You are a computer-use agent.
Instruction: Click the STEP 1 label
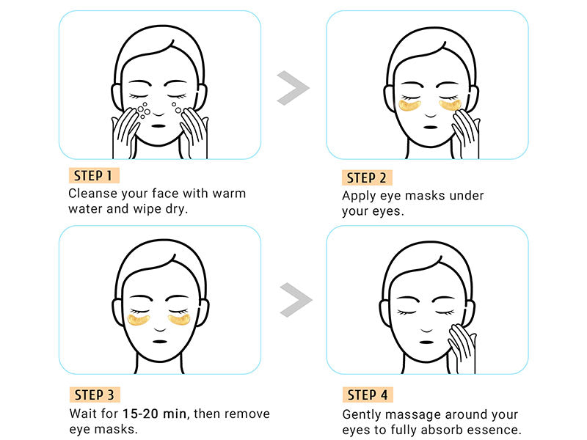tap(92, 175)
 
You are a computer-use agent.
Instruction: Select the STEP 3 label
tap(92, 395)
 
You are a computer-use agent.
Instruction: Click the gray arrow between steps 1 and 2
tap(293, 88)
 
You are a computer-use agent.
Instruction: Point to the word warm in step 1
tap(228, 194)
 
